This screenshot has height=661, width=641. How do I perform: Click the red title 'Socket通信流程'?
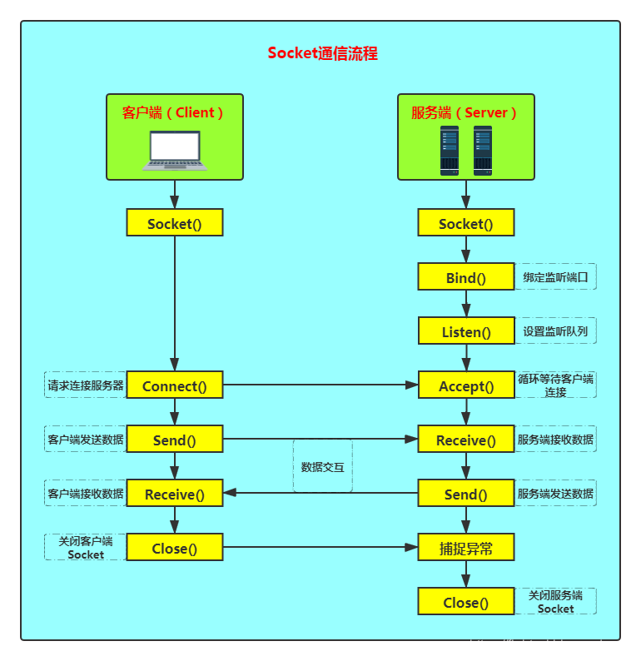click(x=322, y=53)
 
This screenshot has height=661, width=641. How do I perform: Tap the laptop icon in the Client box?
click(x=175, y=151)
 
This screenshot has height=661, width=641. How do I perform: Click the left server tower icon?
click(x=450, y=151)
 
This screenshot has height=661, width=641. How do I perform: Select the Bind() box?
click(x=466, y=276)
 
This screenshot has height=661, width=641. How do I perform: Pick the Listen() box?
click(x=466, y=331)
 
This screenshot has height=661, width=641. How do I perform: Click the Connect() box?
click(x=175, y=385)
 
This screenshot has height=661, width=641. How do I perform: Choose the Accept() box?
click(x=466, y=385)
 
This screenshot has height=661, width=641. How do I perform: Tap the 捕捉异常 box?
click(x=466, y=547)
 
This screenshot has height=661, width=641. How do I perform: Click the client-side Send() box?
click(x=175, y=439)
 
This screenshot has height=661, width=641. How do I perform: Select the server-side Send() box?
click(x=466, y=493)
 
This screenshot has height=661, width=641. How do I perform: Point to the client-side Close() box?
click(x=175, y=547)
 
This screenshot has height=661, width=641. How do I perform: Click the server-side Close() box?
click(x=466, y=602)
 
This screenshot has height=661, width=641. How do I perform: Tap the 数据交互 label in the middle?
click(x=322, y=467)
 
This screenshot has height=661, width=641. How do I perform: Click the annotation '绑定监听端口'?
click(x=555, y=277)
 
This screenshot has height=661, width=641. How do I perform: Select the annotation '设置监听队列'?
click(x=555, y=331)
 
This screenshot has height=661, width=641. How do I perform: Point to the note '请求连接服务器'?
click(x=86, y=385)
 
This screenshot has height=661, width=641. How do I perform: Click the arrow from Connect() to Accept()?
click(x=320, y=385)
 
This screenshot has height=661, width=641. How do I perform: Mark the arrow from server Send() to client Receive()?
click(x=320, y=493)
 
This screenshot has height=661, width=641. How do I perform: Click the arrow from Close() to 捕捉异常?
click(x=320, y=547)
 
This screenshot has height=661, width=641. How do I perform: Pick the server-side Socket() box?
click(x=466, y=222)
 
